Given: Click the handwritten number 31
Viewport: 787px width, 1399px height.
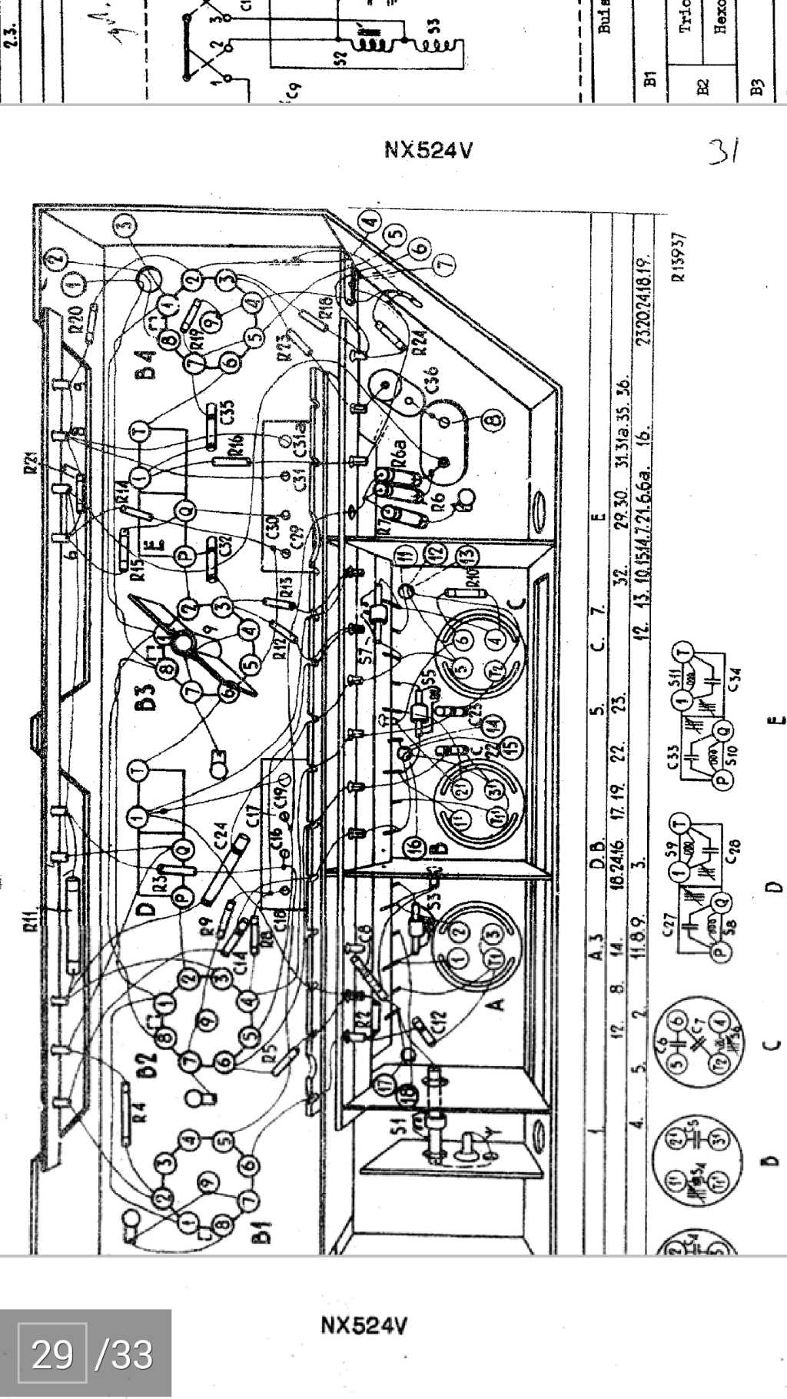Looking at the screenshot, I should [723, 151].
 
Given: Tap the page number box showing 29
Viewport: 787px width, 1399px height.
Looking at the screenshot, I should [52, 1354].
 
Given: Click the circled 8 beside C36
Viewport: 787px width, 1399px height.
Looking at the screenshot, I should [493, 420].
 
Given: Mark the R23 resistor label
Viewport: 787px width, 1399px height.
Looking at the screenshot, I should [286, 346].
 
